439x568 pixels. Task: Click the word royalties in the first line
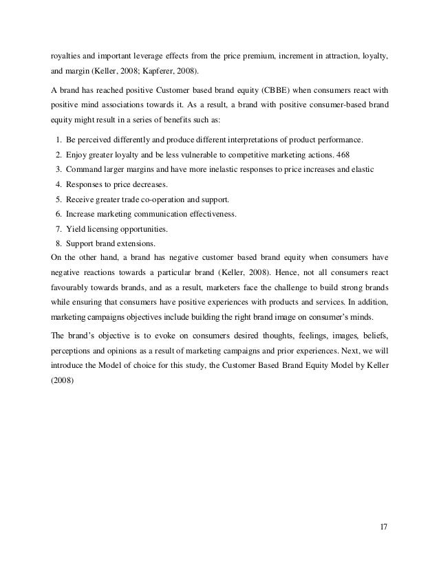click(67, 50)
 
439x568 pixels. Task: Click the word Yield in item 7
click(75, 229)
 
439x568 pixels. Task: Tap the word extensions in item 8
click(137, 244)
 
